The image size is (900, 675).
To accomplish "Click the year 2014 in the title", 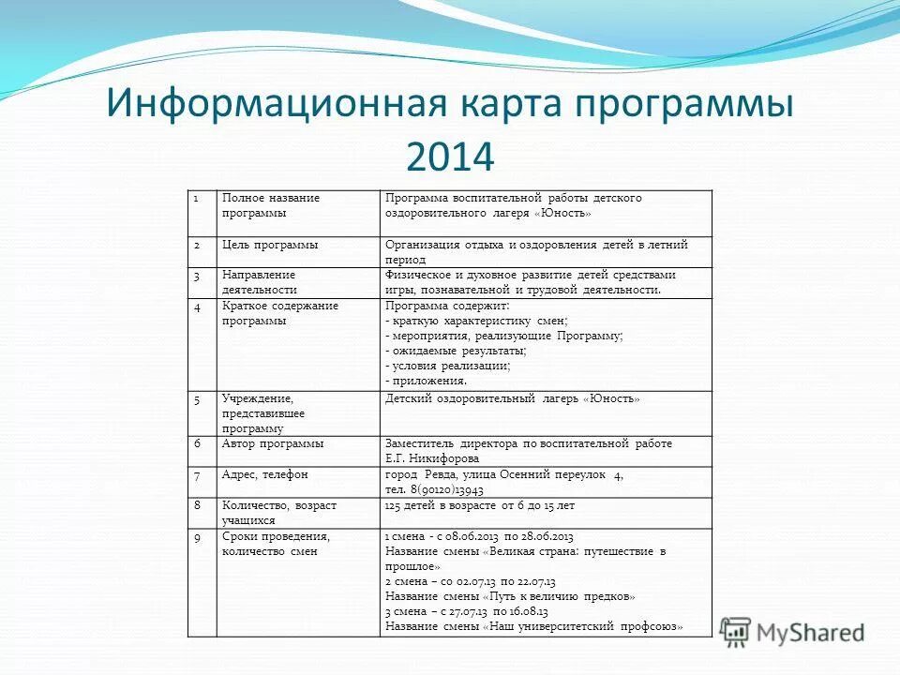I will (x=449, y=157).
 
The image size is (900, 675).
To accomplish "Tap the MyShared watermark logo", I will (x=792, y=632).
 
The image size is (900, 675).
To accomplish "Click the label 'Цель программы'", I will (x=270, y=245).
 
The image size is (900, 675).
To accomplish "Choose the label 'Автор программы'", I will (x=273, y=443).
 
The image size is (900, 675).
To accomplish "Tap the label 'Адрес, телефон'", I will (x=265, y=474).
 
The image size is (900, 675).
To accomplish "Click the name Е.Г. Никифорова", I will (x=432, y=459).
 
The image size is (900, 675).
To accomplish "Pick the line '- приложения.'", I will (x=426, y=382).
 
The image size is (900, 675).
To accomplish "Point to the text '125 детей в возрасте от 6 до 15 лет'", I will (x=479, y=505).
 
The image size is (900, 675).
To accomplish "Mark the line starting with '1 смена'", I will (x=479, y=536).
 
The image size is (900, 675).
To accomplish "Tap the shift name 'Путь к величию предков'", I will (x=559, y=596).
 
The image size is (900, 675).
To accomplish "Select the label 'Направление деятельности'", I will (x=259, y=282).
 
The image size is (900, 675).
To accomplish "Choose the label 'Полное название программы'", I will (x=271, y=205).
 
